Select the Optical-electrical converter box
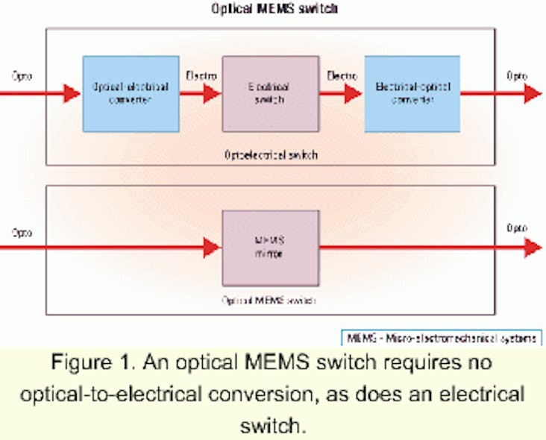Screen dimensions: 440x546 tap(131, 93)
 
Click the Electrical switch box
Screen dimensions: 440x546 tap(271, 93)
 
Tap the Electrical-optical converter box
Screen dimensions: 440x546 tap(412, 93)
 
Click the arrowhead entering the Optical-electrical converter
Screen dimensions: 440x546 tap(72, 93)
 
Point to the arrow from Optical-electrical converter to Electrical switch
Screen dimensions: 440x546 tap(201, 93)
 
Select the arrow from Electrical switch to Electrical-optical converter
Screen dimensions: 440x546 tap(342, 93)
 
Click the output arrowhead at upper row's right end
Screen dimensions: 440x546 tap(533, 93)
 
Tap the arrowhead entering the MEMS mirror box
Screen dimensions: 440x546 tap(212, 248)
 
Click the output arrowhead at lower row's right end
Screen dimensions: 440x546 tap(533, 248)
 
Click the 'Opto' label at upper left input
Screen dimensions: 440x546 tap(22, 75)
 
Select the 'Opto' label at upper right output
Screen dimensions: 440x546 tap(517, 75)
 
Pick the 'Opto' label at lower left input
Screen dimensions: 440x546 tap(22, 232)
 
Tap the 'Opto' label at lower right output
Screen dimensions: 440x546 tap(517, 229)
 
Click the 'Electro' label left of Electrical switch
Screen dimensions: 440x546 tap(200, 75)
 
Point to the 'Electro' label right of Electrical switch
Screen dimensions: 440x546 tap(341, 75)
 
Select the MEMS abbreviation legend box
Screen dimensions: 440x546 tap(441, 338)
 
